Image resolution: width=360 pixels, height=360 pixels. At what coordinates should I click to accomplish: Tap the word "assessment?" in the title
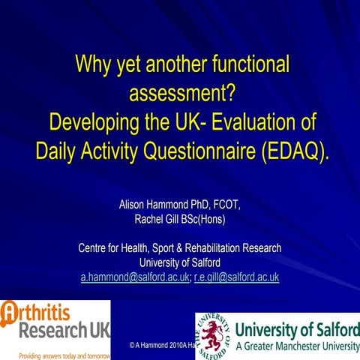coord(179,94)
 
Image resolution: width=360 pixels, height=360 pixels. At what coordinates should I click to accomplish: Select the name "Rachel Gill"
coord(158,219)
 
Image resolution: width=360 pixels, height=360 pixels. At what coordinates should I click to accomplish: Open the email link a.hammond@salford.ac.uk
coord(136,277)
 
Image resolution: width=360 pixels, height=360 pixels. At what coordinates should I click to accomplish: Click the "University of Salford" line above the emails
coord(179,262)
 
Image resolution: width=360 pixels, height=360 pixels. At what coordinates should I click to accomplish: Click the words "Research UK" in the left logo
coord(55,329)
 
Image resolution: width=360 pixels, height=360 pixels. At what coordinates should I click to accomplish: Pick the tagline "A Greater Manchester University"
coord(296,347)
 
